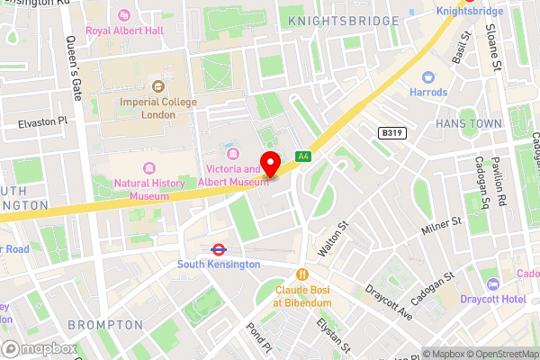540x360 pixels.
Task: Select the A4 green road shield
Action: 304,156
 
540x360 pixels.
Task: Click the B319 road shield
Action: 391,132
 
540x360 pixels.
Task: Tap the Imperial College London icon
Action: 159,86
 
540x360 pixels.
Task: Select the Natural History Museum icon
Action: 149,168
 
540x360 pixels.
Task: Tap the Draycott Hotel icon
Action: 491,284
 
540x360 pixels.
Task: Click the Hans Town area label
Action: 466,122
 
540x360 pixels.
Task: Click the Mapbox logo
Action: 38,347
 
